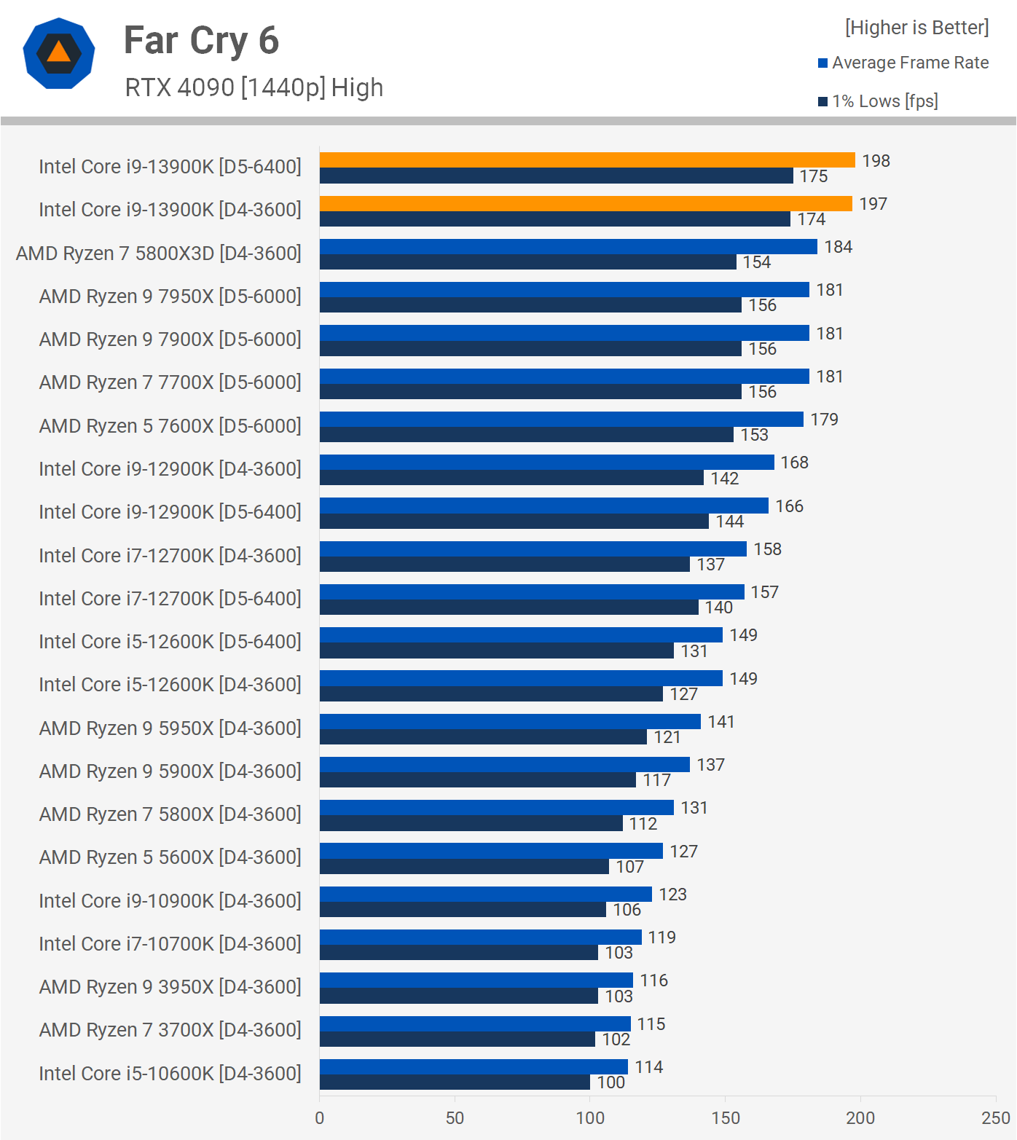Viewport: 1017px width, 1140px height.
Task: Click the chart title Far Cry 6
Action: point(201,41)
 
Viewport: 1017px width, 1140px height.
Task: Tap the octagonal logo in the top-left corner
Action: point(59,53)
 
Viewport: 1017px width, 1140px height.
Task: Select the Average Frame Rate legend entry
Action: point(909,63)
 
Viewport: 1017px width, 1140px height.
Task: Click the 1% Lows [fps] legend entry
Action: point(884,101)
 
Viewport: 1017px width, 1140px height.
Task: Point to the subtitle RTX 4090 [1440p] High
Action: point(254,87)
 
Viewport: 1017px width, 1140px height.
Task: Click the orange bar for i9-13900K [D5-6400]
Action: point(586,160)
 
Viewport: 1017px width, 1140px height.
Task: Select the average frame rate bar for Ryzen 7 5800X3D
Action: point(568,246)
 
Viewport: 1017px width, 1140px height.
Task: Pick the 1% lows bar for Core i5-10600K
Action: point(455,1082)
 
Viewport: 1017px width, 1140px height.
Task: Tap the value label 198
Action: point(876,160)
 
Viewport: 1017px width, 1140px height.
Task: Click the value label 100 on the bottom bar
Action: point(610,1082)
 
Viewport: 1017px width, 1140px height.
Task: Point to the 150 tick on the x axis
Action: point(725,1117)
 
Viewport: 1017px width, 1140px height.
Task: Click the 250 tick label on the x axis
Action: point(995,1117)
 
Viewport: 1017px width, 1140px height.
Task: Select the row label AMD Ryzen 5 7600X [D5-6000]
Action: point(170,425)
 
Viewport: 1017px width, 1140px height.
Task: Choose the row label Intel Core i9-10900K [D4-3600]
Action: point(170,900)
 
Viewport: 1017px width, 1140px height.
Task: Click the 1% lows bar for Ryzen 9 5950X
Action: point(483,737)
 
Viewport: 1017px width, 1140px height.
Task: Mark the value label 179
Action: point(824,420)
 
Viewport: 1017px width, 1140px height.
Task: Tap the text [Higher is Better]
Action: point(916,28)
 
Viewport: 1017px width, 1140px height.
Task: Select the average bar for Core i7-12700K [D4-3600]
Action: point(533,549)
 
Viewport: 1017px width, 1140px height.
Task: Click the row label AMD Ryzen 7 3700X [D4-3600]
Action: point(170,1030)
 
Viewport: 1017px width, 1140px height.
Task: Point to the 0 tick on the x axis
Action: point(320,1117)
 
